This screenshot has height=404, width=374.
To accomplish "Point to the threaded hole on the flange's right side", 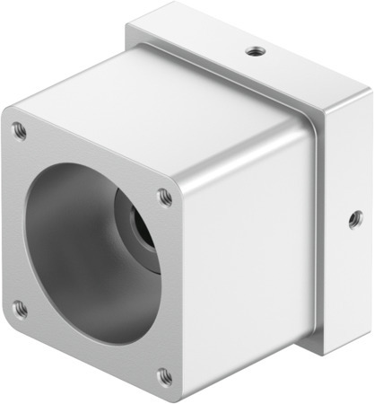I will pyautogui.click(x=355, y=217).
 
